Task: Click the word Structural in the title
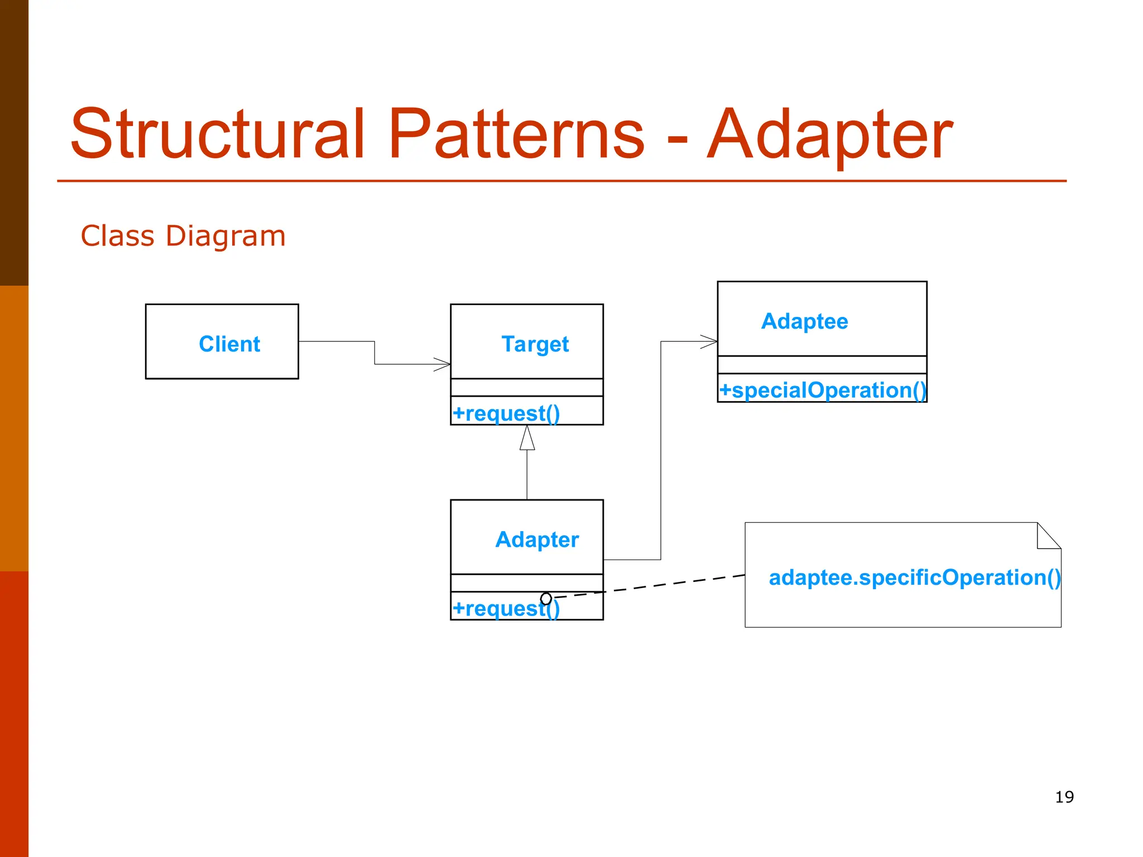(x=218, y=134)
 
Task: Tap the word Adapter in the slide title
(x=830, y=134)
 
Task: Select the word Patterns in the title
(x=516, y=134)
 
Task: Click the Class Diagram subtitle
(x=183, y=235)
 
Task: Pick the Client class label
(x=229, y=344)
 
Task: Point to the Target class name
(x=535, y=344)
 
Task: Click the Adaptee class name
(x=804, y=321)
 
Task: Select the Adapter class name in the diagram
(x=537, y=540)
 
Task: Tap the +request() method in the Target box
(x=506, y=413)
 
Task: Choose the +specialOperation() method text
(x=822, y=390)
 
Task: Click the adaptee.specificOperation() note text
(x=914, y=577)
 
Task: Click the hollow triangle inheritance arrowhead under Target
(x=527, y=439)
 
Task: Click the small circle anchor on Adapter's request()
(x=546, y=599)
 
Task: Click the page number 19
(x=1064, y=797)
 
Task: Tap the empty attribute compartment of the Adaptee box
(x=822, y=365)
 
